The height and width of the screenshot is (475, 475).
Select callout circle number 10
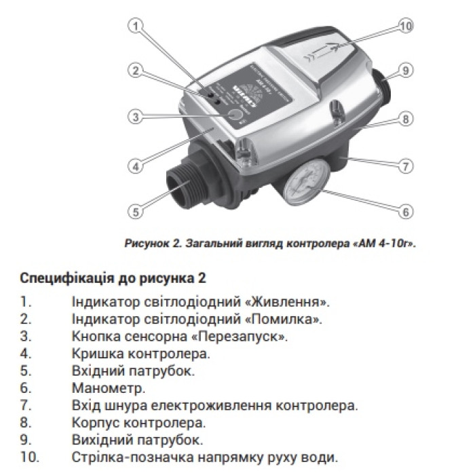point(405,26)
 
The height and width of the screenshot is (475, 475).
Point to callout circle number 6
point(405,212)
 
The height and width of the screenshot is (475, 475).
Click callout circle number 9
point(405,70)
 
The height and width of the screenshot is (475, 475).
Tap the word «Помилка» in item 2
point(285,318)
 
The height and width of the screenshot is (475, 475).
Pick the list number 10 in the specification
point(30,457)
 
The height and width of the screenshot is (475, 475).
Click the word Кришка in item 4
point(97,353)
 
